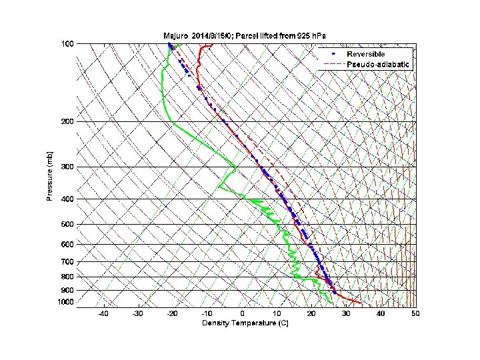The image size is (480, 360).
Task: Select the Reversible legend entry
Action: tap(366, 53)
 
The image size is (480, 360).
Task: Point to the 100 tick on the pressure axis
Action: tap(68, 44)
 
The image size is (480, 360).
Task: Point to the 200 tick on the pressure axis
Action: tap(68, 122)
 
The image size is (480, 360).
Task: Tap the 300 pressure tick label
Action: tap(68, 167)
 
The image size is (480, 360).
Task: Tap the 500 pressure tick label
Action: tap(68, 225)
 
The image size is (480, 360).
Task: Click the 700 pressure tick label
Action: tap(68, 262)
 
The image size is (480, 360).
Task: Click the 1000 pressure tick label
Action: tap(66, 303)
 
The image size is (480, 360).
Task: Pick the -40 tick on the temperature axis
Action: tap(103, 314)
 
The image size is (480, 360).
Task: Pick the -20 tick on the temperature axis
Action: tap(172, 314)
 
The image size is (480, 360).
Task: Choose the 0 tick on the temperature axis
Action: tap(242, 314)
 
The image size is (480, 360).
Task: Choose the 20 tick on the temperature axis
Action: tap(311, 314)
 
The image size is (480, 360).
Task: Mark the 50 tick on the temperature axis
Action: tap(415, 314)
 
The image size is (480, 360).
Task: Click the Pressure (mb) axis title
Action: tap(50, 175)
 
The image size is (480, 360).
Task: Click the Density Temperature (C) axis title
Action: tap(243, 323)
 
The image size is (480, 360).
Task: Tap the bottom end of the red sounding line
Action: tap(361, 303)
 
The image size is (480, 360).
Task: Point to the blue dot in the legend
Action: tap(332, 53)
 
